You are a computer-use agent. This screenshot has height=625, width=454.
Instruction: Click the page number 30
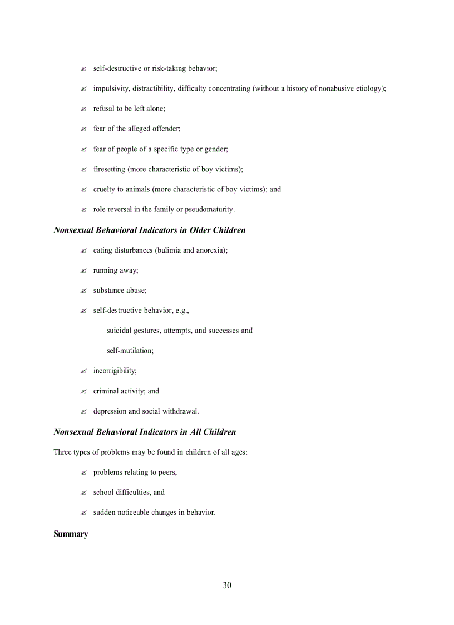tap(226, 585)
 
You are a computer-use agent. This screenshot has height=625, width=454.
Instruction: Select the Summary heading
tap(71, 534)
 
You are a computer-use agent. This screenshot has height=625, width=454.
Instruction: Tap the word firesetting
tap(109, 169)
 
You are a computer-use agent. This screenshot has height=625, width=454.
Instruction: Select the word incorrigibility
tap(115, 371)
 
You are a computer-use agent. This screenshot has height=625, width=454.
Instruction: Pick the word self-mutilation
tap(130, 351)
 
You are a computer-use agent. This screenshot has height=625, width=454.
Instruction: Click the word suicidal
tap(119, 331)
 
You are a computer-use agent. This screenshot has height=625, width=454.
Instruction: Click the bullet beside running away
tap(83, 271)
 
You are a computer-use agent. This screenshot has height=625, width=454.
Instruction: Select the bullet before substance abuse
tap(83, 291)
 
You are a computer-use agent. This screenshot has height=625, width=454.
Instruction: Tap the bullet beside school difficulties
tap(83, 493)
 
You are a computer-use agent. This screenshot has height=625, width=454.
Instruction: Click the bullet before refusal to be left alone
tap(83, 110)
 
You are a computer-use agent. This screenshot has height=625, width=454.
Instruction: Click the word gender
tap(216, 149)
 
